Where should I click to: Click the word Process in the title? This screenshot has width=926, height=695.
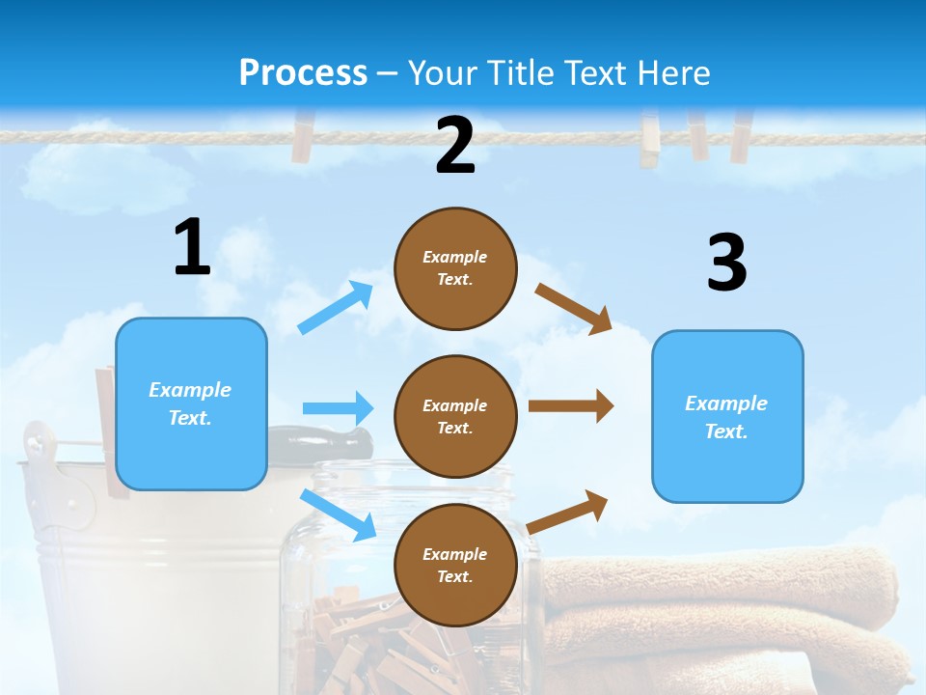(x=303, y=72)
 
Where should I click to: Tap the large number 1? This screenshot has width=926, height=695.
(x=192, y=247)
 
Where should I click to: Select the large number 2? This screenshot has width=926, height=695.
(x=454, y=145)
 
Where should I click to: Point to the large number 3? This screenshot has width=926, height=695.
(x=726, y=263)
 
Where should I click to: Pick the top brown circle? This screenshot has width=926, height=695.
(x=455, y=267)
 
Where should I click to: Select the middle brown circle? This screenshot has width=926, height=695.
(x=455, y=416)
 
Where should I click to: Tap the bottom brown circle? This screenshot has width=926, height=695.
(x=455, y=565)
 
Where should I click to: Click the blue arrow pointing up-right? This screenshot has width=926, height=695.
(x=336, y=308)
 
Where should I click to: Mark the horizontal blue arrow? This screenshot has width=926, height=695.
(x=338, y=408)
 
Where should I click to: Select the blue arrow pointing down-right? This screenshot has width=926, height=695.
(x=339, y=514)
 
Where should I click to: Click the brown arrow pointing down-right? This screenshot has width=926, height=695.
(x=574, y=308)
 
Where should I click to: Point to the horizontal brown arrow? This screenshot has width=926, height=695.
(x=571, y=406)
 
